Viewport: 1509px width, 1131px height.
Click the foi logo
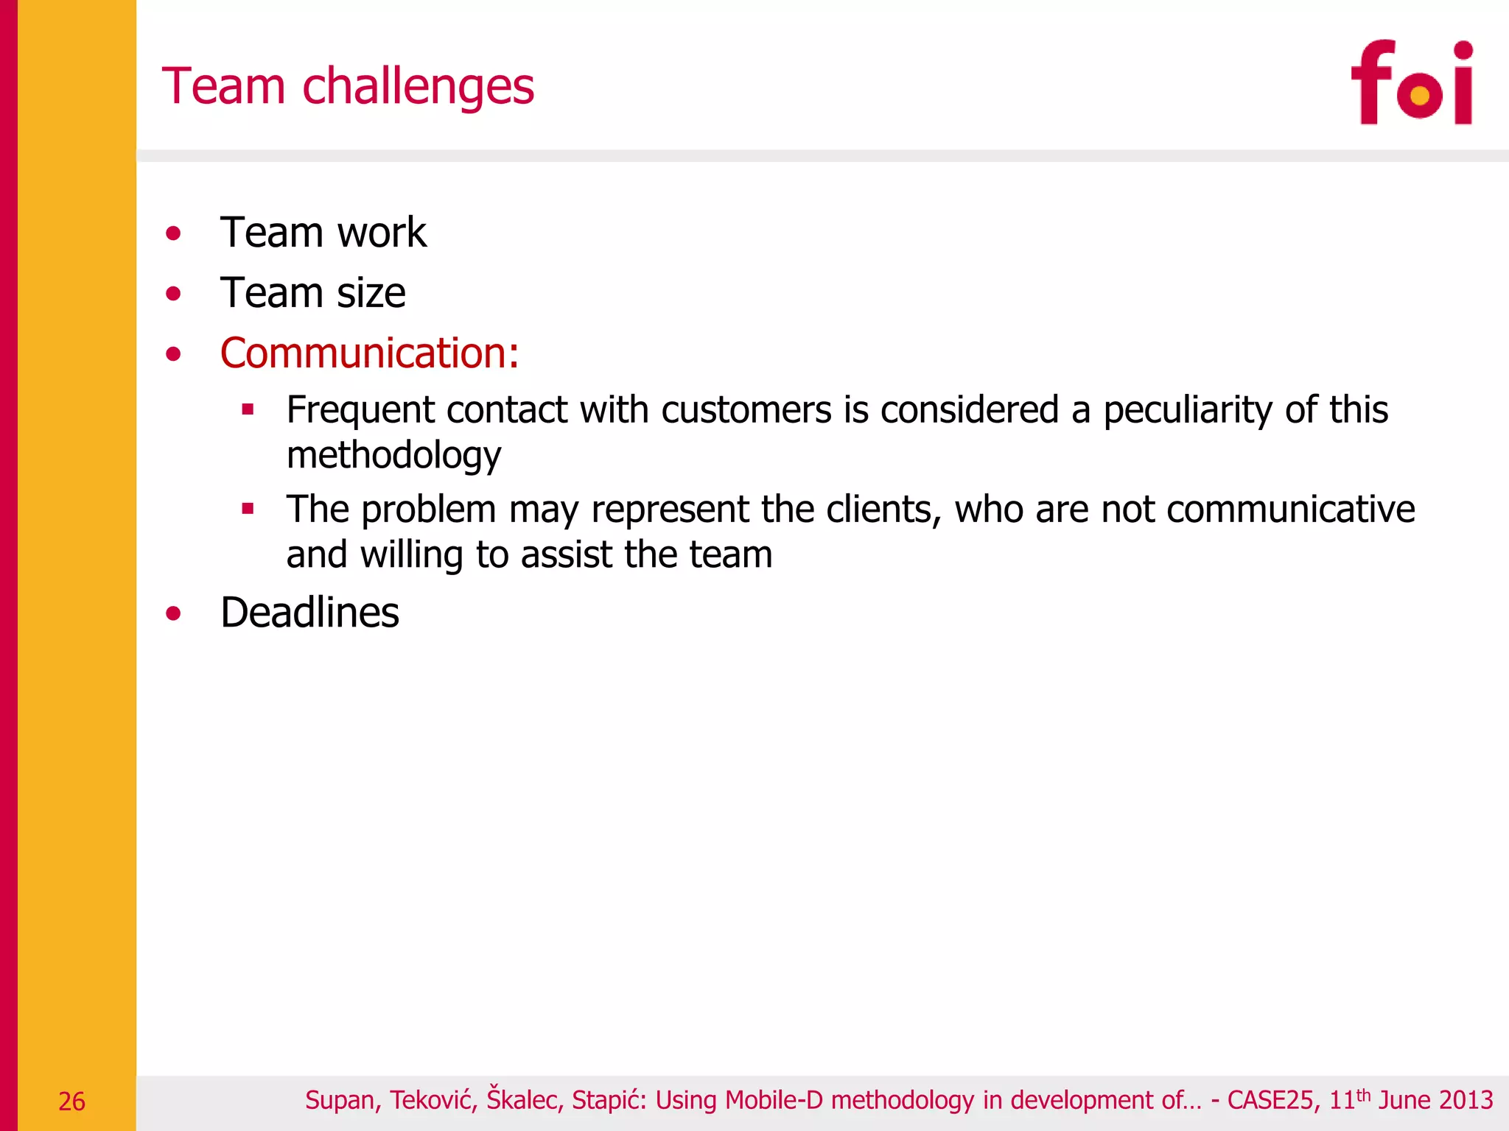[x=1412, y=82]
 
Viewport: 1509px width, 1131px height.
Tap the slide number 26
[x=71, y=1101]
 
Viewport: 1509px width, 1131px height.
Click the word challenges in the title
[x=418, y=87]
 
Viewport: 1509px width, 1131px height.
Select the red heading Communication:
[x=369, y=353]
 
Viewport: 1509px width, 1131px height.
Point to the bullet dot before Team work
[x=173, y=234]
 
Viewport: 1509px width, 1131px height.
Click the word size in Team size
[x=371, y=293]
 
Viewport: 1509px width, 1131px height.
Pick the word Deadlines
[x=309, y=613]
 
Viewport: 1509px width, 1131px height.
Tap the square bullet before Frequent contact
[x=248, y=409]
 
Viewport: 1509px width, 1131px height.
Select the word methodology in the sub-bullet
[x=393, y=455]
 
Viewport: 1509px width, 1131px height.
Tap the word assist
[x=567, y=554]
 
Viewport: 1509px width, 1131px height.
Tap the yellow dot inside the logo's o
[x=1418, y=95]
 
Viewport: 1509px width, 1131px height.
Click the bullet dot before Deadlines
[x=173, y=613]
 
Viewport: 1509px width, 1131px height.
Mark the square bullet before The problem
[x=248, y=509]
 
